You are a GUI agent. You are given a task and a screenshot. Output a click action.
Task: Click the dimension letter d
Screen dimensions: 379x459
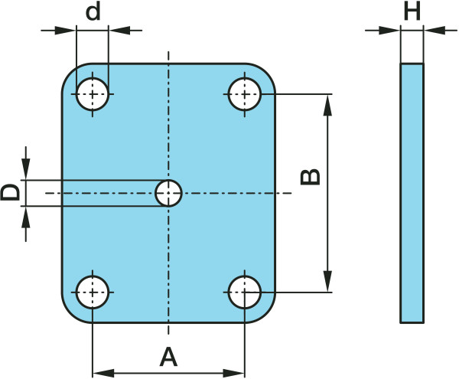coord(93,12)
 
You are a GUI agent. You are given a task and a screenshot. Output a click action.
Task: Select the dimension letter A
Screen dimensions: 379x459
coord(168,356)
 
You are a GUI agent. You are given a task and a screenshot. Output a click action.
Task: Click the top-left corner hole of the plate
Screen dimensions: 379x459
coord(93,94)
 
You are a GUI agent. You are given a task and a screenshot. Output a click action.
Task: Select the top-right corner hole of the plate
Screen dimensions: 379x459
coord(245,94)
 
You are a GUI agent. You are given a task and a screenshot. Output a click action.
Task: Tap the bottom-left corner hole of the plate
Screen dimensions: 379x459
coord(93,291)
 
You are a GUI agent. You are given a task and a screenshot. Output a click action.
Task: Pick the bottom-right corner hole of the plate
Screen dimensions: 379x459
coord(245,291)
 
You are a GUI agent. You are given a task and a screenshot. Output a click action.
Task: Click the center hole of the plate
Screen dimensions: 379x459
coord(168,193)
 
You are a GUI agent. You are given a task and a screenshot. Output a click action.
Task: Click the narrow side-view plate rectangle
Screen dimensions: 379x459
coord(412,193)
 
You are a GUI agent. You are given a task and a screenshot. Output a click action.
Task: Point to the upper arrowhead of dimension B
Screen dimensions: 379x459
coord(329,103)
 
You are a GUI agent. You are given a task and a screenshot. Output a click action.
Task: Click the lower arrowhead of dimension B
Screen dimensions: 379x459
coord(329,283)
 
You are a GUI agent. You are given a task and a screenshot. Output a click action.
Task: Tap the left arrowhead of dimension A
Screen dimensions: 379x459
coord(102,374)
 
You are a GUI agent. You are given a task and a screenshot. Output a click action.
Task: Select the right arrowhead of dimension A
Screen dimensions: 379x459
coord(235,374)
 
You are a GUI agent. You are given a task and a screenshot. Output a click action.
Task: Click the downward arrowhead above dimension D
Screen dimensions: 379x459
coord(26,171)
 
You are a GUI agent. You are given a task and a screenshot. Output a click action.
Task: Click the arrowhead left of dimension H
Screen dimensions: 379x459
coord(391,31)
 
